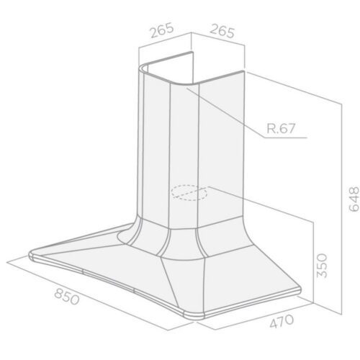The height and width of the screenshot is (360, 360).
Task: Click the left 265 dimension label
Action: pyautogui.click(x=161, y=30)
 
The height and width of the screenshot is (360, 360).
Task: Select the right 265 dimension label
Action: pyautogui.click(x=222, y=31)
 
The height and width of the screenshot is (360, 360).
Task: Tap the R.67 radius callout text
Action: pyautogui.click(x=281, y=128)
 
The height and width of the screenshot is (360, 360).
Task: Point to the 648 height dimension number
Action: pyautogui.click(x=354, y=199)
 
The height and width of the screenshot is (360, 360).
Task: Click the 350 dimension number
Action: pyautogui.click(x=322, y=266)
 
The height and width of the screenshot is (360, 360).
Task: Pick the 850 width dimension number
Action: pyautogui.click(x=66, y=297)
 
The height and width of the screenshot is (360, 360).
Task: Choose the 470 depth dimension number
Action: pyautogui.click(x=282, y=321)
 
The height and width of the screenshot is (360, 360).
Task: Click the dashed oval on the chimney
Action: pyautogui.click(x=189, y=192)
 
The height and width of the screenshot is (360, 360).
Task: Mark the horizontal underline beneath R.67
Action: pyautogui.click(x=285, y=138)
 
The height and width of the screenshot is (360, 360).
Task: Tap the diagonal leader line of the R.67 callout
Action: pyautogui.click(x=225, y=113)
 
